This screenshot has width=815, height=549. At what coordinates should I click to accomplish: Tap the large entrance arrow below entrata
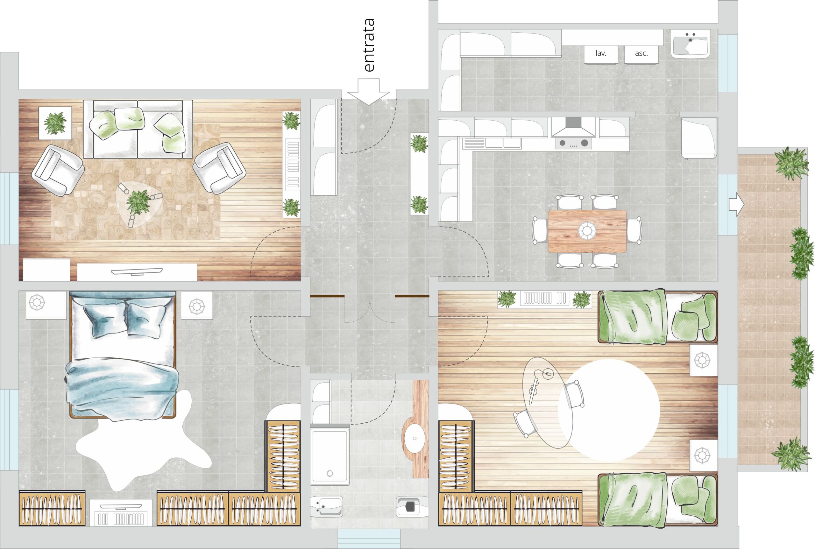tap(368, 92)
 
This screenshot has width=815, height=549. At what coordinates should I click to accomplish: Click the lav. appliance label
tap(601, 53)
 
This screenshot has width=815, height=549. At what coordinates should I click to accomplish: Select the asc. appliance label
tap(641, 53)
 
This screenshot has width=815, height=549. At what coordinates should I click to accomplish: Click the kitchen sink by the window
tap(690, 44)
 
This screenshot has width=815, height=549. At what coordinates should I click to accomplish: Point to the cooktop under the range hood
tap(573, 143)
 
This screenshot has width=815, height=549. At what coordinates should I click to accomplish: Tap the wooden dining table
tap(587, 231)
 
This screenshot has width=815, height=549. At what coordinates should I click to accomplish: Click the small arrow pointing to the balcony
tap(736, 204)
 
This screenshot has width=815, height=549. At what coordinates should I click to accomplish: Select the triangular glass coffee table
tap(139, 204)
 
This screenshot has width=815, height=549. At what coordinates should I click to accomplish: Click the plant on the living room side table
tap(55, 123)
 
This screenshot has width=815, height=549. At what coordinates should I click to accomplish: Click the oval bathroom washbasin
tap(414, 438)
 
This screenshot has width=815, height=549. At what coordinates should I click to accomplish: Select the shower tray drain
tap(330, 473)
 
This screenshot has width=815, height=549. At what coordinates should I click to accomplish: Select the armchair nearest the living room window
tap(58, 170)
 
